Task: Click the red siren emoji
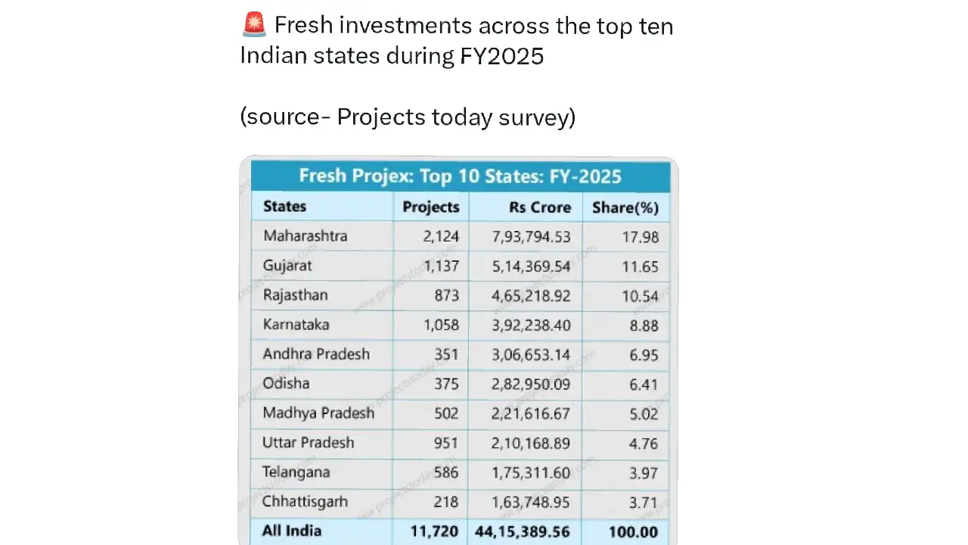[x=253, y=24]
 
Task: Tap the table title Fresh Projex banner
[x=461, y=176]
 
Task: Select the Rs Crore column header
[x=540, y=207]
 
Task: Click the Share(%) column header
[x=625, y=207]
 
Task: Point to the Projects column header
[x=431, y=207]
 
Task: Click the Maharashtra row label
[x=305, y=235]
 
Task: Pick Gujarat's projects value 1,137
[x=441, y=266]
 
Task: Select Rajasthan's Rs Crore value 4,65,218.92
[x=531, y=296]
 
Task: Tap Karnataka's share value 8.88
[x=644, y=325]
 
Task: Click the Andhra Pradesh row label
[x=316, y=353]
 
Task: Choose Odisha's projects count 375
[x=446, y=384]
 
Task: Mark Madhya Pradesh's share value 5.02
[x=644, y=414]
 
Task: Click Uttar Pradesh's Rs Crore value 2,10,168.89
[x=530, y=444]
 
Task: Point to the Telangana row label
[x=296, y=472]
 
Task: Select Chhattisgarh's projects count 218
[x=445, y=502]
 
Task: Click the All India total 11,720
[x=434, y=531]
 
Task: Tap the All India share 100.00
[x=633, y=531]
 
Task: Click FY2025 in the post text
[x=501, y=56]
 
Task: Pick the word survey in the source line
[x=537, y=117]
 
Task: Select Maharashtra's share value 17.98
[x=640, y=237]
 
